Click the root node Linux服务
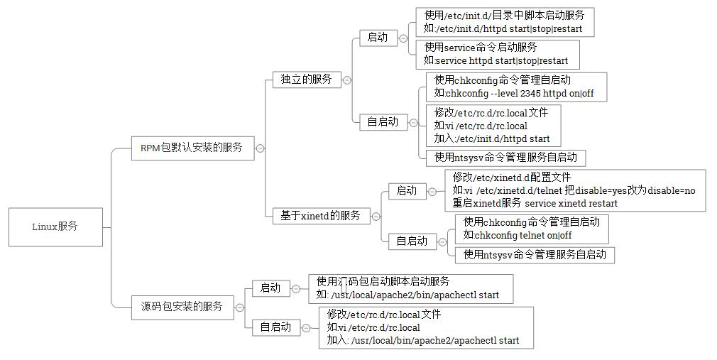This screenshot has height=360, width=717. pyautogui.click(x=55, y=227)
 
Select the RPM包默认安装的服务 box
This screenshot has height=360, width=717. pyautogui.click(x=192, y=148)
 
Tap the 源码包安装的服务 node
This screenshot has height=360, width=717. pyautogui.click(x=182, y=306)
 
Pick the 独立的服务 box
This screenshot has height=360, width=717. pyautogui.click(x=307, y=80)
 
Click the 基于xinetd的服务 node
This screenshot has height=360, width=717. pyautogui.click(x=321, y=216)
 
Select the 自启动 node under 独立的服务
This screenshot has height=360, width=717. pyautogui.click(x=383, y=121)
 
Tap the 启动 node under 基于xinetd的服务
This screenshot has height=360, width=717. pyautogui.click(x=406, y=190)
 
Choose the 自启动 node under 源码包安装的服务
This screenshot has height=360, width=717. pyautogui.click(x=275, y=327)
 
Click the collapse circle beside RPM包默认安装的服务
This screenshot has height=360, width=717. pyautogui.click(x=261, y=148)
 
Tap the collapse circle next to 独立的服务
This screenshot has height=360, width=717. pyautogui.click(x=346, y=80)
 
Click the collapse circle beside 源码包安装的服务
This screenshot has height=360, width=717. pyautogui.click(x=240, y=307)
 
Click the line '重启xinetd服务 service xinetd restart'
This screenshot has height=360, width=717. pyautogui.click(x=535, y=203)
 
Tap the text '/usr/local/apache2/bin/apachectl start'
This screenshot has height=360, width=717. pyautogui.click(x=415, y=295)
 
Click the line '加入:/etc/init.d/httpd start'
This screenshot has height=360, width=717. pyautogui.click(x=492, y=139)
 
